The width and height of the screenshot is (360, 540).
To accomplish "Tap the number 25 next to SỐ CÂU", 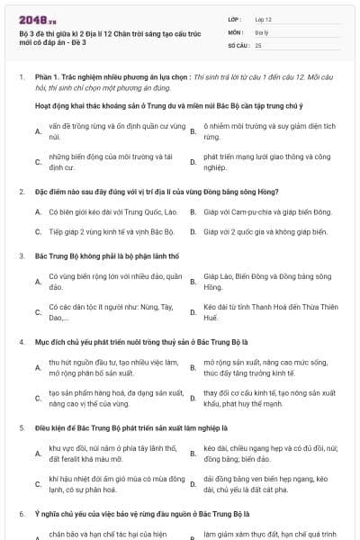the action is pyautogui.click(x=258, y=44).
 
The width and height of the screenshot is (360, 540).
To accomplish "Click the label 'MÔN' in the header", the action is pyautogui.click(x=235, y=31).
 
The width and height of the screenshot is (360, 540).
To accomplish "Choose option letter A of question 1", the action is pyautogui.click(x=37, y=132).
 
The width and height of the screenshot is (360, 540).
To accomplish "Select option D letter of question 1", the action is pyautogui.click(x=193, y=162).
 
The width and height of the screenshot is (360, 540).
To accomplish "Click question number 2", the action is pyautogui.click(x=22, y=192).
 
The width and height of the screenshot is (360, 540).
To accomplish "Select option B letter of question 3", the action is pyautogui.click(x=193, y=282).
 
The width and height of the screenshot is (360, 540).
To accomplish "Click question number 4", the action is pyautogui.click(x=22, y=343).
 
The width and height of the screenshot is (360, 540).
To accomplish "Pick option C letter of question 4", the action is pyautogui.click(x=37, y=399).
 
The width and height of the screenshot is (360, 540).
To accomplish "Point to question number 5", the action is pyautogui.click(x=22, y=427).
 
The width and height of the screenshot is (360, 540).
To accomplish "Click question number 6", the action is pyautogui.click(x=22, y=514).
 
